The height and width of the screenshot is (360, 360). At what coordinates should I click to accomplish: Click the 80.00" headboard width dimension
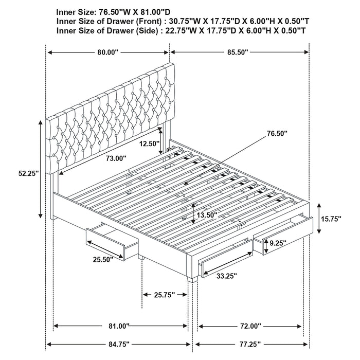pyautogui.click(x=107, y=52)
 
